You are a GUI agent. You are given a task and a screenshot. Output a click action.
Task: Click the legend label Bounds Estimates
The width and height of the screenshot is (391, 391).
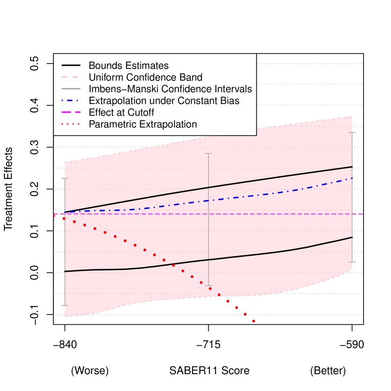point(129,65)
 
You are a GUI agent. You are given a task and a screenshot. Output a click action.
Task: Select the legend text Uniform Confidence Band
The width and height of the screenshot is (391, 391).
point(145,77)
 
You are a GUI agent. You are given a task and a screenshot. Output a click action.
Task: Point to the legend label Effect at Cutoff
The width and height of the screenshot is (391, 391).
point(121,113)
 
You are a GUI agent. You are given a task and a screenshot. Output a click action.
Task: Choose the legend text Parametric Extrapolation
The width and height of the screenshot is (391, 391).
point(143,124)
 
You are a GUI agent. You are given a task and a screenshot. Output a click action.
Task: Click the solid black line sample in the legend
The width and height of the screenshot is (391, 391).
point(71,65)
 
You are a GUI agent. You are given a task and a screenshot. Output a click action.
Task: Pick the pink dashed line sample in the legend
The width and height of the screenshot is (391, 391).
point(71,77)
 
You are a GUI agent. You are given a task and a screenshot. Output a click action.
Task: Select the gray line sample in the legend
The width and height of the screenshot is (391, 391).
point(71,89)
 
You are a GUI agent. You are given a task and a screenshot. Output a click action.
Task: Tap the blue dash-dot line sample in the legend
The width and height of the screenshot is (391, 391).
point(71,101)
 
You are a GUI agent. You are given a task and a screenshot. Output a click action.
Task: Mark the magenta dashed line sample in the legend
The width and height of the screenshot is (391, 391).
point(71,113)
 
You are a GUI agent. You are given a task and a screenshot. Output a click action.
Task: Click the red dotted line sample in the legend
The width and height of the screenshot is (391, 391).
point(71,124)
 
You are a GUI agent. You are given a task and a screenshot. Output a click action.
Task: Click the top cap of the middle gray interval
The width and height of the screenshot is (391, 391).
point(209,153)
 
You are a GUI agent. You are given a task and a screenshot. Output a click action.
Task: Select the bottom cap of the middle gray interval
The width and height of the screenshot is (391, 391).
point(209,286)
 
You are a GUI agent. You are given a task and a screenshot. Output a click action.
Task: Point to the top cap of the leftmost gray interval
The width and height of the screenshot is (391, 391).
point(65,178)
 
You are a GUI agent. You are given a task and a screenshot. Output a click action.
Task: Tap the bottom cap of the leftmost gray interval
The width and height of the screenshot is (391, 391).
point(65,305)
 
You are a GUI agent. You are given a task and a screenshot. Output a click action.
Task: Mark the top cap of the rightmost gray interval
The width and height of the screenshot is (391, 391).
point(352,133)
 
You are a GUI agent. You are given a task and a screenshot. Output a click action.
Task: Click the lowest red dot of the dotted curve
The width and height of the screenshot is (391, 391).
point(254,321)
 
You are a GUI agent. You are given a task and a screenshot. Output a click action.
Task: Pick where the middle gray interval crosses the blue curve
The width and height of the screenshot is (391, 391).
point(209,200)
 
